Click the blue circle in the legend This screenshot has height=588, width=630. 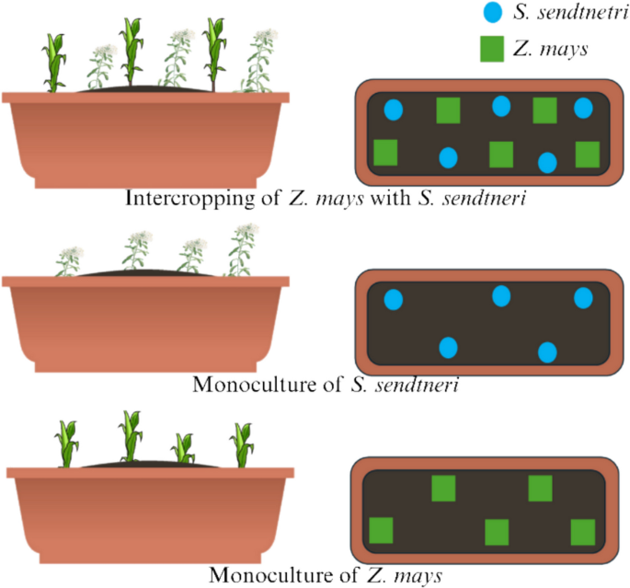[x=492, y=14]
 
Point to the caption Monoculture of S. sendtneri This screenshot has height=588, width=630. [x=326, y=384]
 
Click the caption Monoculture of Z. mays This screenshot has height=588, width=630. [x=326, y=576]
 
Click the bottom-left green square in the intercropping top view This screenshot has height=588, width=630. [x=385, y=152]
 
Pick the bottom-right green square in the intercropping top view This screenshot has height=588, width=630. [x=587, y=154]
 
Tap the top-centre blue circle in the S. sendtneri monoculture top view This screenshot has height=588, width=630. [x=501, y=296]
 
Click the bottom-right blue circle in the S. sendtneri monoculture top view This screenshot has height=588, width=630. [x=547, y=352]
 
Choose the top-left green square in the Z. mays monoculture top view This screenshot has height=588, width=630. [x=444, y=488]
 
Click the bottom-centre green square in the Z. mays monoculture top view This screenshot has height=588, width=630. [x=497, y=532]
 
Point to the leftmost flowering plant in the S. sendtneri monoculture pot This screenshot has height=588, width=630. [x=68, y=259]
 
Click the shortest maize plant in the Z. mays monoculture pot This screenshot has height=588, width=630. [x=184, y=448]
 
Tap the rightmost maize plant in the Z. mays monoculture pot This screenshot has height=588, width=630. [x=243, y=444]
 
